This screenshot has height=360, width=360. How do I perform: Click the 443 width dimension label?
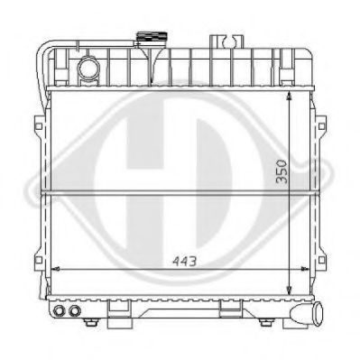pyautogui.click(x=184, y=262)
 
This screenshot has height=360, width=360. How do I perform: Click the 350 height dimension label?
pyautogui.click(x=282, y=171)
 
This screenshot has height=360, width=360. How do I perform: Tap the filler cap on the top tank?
pyautogui.click(x=152, y=39)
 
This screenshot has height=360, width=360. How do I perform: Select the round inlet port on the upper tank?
pyautogui.click(x=88, y=69)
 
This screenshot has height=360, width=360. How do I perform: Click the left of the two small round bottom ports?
pyautogui.click(x=60, y=310)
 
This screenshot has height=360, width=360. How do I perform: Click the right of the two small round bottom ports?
pyautogui.click(x=74, y=310)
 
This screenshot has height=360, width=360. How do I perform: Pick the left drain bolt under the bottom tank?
pyautogui.click(x=90, y=323)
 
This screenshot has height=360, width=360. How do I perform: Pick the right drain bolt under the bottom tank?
pyautogui.click(x=265, y=323)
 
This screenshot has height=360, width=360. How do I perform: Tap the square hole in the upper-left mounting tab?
pyautogui.click(x=39, y=125)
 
